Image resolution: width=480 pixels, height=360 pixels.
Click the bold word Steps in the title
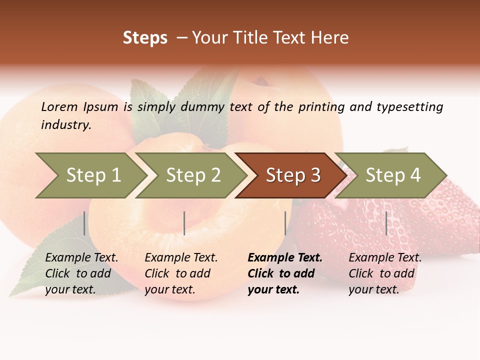point(145,38)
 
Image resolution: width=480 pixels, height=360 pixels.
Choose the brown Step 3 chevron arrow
point(293,175)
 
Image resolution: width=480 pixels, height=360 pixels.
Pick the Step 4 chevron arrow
point(393,175)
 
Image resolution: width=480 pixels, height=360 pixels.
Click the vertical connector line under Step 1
point(84,223)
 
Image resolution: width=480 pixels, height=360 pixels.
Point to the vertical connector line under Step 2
point(184,223)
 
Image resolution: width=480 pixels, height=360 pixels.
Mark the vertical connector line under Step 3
point(285,223)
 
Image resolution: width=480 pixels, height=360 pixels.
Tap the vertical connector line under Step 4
point(386,223)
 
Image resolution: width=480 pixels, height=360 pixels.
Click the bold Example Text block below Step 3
point(285,273)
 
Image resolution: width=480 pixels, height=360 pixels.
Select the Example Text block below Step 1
point(81,273)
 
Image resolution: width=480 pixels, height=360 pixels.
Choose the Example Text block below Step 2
point(181,273)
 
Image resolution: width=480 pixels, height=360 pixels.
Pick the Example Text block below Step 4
point(385,273)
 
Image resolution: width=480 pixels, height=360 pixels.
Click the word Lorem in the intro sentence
point(59,106)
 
